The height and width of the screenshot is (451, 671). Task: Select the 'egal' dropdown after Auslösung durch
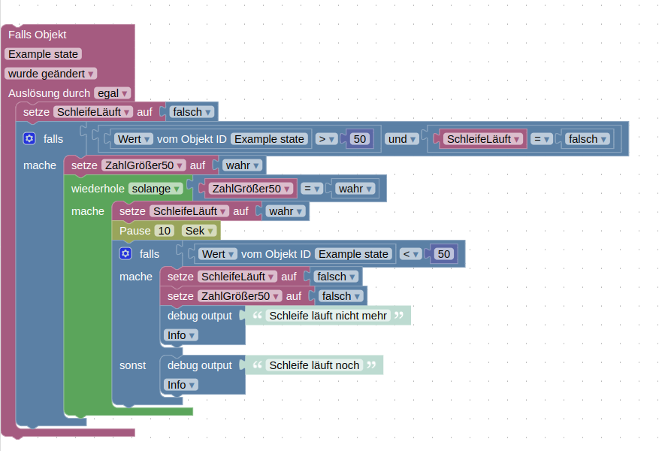(113, 93)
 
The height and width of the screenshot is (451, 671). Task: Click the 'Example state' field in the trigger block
(43, 54)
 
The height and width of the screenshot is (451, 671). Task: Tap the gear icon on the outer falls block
(29, 138)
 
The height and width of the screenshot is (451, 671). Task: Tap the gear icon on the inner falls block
(125, 254)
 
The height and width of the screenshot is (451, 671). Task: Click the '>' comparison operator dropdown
(325, 139)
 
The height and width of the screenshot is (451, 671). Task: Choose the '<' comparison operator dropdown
(410, 254)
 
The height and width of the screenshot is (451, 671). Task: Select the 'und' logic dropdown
(401, 139)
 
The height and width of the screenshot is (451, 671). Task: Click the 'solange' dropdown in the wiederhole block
(156, 189)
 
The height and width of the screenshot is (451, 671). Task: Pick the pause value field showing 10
(165, 231)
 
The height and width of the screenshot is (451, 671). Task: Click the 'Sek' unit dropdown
(199, 231)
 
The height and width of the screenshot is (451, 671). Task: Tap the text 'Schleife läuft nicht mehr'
(328, 316)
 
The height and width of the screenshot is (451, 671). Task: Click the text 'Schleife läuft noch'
(314, 365)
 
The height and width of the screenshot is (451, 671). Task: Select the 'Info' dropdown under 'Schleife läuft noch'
(180, 385)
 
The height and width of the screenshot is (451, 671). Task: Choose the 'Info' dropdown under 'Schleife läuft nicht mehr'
(180, 335)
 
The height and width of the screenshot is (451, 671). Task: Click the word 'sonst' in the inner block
(133, 365)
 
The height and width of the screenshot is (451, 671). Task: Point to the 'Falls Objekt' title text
(38, 35)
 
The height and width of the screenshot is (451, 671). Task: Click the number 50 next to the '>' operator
(360, 139)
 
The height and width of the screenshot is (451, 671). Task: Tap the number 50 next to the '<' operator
(444, 254)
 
